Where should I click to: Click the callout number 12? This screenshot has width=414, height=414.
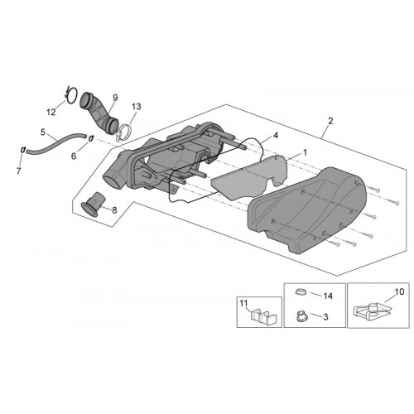51,112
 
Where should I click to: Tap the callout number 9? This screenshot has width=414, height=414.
115,98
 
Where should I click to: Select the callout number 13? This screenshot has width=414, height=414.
137,107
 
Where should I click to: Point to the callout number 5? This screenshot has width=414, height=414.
42,132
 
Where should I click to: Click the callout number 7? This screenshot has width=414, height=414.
18,171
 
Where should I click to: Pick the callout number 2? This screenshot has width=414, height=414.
330,121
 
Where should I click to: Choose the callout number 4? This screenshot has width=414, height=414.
276,135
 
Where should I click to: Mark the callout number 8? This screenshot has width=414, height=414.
114,210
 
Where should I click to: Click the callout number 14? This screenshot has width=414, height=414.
328,296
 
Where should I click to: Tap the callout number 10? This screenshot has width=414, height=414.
399,291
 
